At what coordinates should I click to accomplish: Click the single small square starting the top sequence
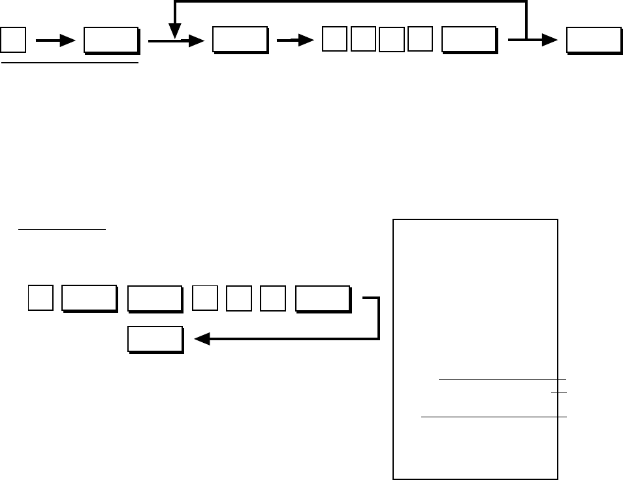click(x=13, y=40)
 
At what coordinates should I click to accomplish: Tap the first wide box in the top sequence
click(x=110, y=40)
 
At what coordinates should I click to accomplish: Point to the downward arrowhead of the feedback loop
click(x=174, y=30)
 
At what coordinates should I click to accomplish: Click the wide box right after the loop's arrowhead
click(x=239, y=40)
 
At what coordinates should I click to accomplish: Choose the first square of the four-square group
click(x=334, y=40)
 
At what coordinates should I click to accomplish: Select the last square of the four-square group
click(x=419, y=40)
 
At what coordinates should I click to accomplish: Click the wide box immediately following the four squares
click(x=468, y=40)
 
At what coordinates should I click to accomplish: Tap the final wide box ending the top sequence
click(x=593, y=40)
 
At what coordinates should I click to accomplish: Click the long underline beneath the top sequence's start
click(x=70, y=63)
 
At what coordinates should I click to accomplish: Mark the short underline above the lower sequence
click(x=62, y=230)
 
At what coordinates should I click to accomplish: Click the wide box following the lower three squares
click(x=322, y=298)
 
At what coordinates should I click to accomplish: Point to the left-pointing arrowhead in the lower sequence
click(x=202, y=339)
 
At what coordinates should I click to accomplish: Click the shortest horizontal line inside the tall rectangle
click(x=558, y=392)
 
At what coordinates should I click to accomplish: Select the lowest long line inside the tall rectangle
click(x=494, y=416)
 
